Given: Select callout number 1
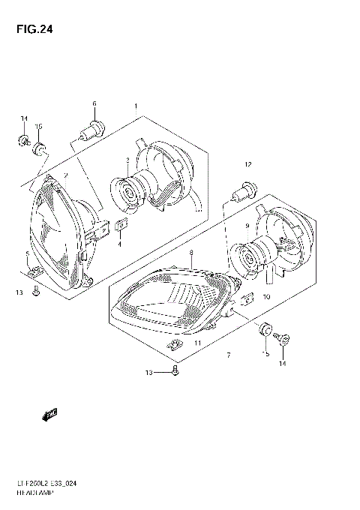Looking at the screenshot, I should click(x=136, y=107).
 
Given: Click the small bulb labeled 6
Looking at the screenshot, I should click(x=92, y=129).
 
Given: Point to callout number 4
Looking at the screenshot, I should click(x=119, y=244).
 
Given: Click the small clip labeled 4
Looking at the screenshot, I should click(x=120, y=226).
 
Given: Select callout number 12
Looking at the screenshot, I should click(x=247, y=163).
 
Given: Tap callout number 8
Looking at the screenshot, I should click(x=191, y=253).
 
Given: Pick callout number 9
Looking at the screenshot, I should click(x=245, y=225).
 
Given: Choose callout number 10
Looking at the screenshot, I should click(x=266, y=297).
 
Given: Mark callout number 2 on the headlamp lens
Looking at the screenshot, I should click(x=66, y=175).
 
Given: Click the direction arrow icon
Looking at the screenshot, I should click(x=50, y=414).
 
